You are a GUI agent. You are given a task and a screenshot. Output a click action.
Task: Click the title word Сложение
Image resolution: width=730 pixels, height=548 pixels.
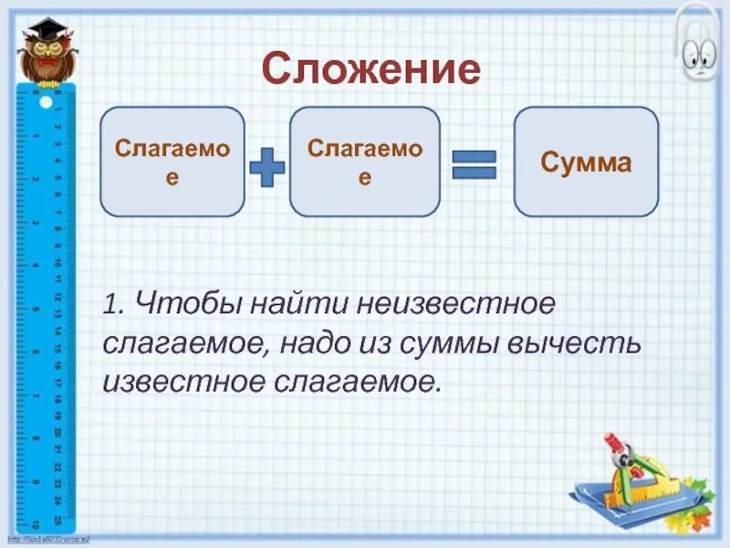(x=370, y=69)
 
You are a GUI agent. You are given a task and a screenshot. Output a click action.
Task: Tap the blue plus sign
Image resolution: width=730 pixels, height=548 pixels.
(x=266, y=168)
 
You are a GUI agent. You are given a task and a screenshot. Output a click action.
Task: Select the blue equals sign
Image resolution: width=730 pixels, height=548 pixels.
(x=474, y=165)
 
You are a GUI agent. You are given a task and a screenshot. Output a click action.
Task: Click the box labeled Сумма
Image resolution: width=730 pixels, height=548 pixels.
(x=586, y=162)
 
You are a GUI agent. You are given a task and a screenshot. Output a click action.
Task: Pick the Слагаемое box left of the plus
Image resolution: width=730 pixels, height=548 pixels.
(x=172, y=162)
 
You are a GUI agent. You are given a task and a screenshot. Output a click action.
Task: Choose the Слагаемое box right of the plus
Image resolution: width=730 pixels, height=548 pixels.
(x=365, y=162)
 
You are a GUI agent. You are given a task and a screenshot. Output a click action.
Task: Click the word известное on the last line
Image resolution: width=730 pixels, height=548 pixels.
(x=182, y=382)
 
